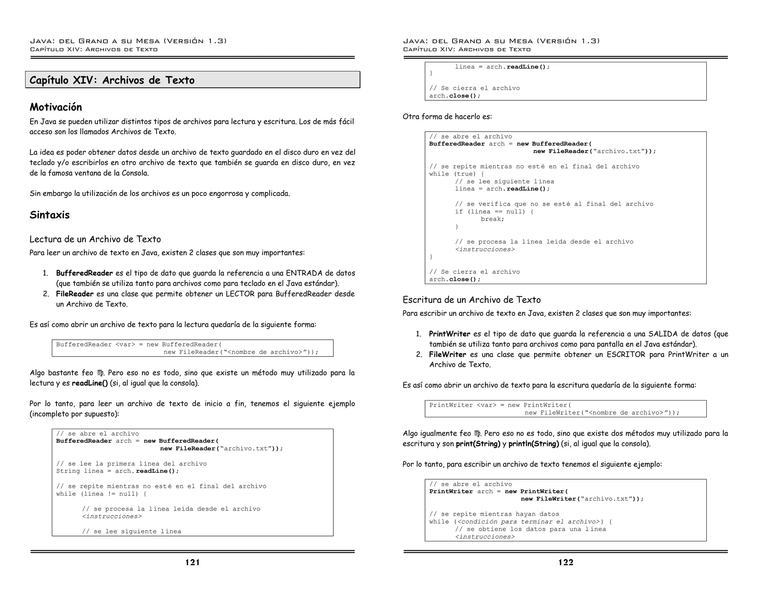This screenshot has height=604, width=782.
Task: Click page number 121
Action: coord(192,562)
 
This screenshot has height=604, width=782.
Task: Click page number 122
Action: coord(566,562)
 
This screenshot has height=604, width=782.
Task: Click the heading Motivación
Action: coord(56,107)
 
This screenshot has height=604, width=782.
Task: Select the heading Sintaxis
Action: coord(50,215)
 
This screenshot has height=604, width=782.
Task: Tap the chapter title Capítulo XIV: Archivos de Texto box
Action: coord(192,80)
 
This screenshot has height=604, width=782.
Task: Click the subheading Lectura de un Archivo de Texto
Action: coord(95,239)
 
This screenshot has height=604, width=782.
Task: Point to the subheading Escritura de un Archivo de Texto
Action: coord(472,300)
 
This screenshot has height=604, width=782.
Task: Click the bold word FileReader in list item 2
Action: coord(74,294)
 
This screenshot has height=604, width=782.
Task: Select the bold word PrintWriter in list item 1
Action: coord(449,334)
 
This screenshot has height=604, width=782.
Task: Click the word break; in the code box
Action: coord(492,219)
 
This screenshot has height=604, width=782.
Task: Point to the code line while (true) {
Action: coord(456,174)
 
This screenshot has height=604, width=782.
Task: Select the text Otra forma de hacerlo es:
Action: coord(447,116)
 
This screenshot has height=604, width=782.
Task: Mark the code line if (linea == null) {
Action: coord(494,212)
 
